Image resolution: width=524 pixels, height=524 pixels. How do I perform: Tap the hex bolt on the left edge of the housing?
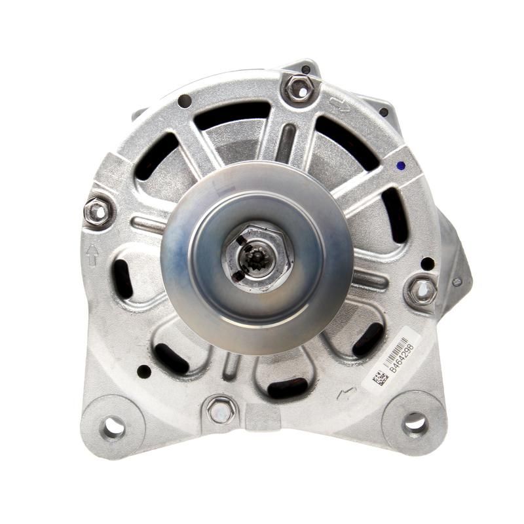point(98,211)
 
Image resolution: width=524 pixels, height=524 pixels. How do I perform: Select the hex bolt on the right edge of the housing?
point(421,290)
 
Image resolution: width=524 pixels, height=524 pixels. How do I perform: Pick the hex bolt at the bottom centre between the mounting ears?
point(221,411)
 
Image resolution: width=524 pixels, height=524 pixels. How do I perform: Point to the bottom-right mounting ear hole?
point(415,423)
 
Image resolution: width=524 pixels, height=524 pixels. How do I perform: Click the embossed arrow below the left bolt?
point(92,254)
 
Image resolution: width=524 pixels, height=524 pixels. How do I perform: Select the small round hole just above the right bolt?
point(427,263)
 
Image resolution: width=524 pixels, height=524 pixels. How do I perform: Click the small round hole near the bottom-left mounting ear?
point(143,371)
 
